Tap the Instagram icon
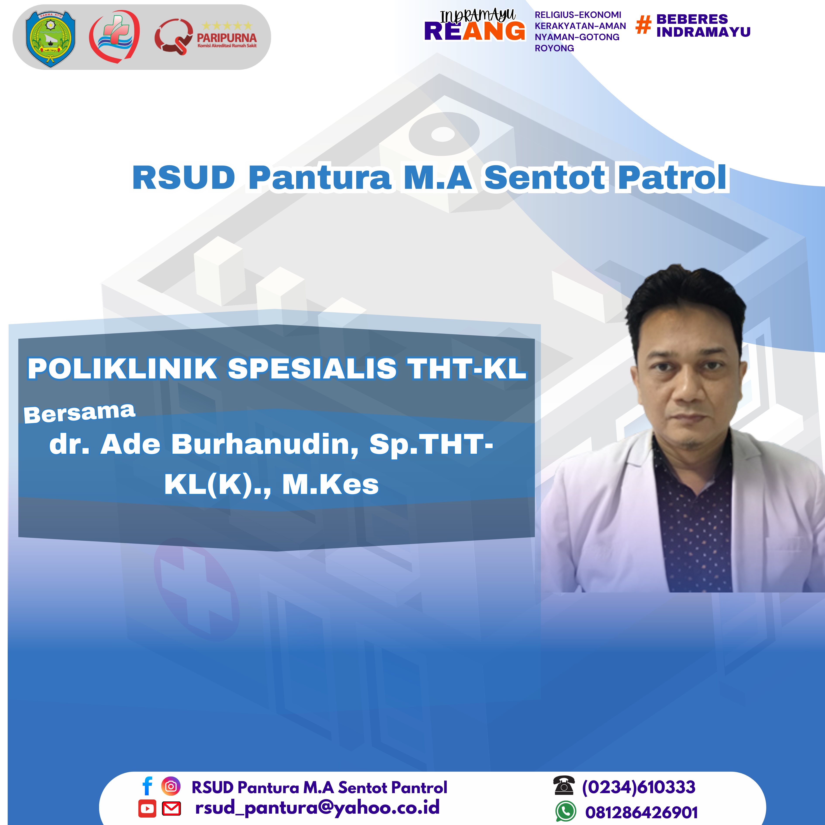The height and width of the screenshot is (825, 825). click(x=171, y=786)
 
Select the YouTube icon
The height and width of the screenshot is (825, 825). click(x=147, y=808)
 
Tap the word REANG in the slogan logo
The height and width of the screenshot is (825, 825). click(x=474, y=31)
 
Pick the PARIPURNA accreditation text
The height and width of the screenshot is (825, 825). click(x=227, y=38)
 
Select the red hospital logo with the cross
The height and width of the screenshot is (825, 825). click(x=114, y=36)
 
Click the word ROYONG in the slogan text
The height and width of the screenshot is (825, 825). click(x=554, y=48)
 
